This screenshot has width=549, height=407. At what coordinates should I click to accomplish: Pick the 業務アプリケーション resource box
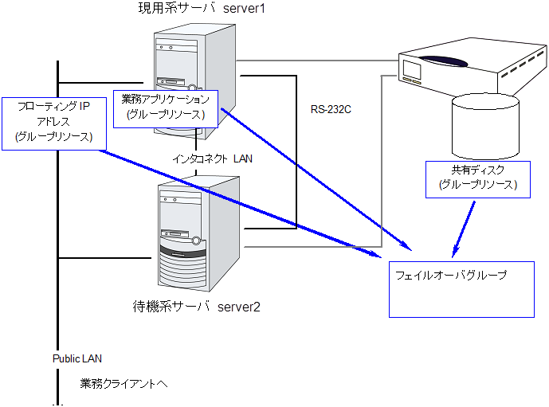166,107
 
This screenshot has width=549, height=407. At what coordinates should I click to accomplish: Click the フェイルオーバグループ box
461,288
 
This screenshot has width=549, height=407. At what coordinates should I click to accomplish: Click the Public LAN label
77,359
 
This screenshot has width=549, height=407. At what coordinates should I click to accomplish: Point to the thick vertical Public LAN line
58,239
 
